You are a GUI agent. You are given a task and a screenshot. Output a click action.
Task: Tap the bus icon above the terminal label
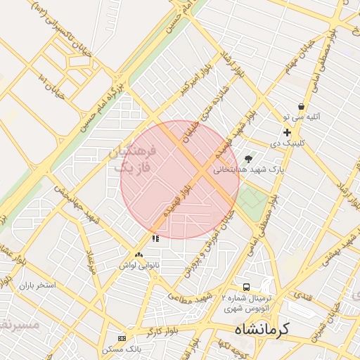point(246,287)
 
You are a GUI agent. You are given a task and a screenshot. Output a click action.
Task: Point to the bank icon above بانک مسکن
point(122,338)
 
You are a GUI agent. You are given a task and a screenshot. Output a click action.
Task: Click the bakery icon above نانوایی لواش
point(138,255)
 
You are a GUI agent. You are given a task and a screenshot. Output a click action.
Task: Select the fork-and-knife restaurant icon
point(155,239)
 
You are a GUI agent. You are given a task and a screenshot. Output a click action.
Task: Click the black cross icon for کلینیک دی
point(287,132)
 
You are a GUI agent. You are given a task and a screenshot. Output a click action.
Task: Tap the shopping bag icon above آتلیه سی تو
point(301,106)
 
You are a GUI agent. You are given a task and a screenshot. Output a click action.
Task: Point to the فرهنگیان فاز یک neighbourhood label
point(131,160)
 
